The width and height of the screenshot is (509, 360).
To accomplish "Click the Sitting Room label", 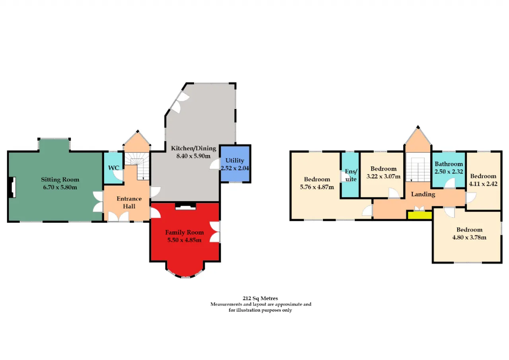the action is coord(60,179).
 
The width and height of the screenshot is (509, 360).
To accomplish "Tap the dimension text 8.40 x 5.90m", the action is coord(193,156).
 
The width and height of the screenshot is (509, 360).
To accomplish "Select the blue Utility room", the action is coord(235,163).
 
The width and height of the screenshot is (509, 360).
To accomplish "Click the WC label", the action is coord(114,168).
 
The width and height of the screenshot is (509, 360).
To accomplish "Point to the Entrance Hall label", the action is coord(129,202).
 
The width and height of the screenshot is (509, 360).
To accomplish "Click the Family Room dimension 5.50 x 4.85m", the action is coord(184,240).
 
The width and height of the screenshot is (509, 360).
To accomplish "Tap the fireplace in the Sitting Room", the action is coord(12,187).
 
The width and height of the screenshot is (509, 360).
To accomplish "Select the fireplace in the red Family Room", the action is coord(185,206).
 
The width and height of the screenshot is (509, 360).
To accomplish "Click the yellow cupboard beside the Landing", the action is coord(420,215).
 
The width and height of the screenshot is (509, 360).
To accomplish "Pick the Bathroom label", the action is coord(449,164).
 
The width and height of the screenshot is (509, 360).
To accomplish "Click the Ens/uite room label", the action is coord(351,175).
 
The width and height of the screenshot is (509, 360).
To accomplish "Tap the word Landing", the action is coord(423,194).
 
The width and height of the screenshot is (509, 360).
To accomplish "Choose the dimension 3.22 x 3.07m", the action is coord(383,176).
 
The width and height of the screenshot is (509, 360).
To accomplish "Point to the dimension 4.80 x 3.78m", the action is coord(469,237).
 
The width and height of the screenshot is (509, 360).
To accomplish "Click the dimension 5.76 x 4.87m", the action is coord(317,187).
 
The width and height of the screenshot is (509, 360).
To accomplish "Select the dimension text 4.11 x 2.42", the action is coord(483,184).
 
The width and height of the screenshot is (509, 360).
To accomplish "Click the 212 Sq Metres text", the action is coord(260,298).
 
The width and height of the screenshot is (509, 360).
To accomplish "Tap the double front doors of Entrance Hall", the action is coord(119,216).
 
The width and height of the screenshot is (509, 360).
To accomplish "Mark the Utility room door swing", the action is coord(214,164).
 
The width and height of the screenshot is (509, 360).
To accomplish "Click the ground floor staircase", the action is coord(137,166).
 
